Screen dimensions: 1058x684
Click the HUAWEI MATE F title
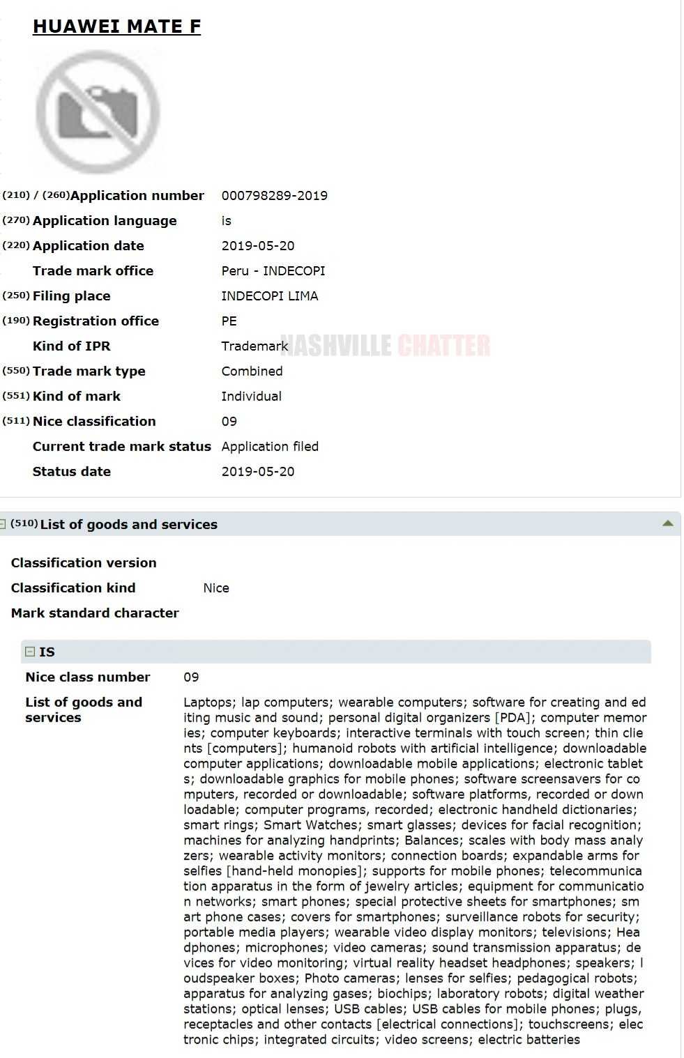coord(116,26)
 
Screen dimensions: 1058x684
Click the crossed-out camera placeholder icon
coord(98,112)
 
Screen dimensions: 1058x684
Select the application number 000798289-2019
coord(274,196)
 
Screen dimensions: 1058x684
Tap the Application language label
coord(105,221)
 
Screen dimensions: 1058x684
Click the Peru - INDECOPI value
coord(273,271)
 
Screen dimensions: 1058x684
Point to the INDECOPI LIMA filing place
coord(269,296)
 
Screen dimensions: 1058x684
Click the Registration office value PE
coord(229,321)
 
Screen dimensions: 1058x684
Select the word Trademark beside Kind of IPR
coord(254,346)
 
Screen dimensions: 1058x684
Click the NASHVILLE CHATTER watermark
coord(386,346)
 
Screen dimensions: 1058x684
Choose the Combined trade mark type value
coord(252,371)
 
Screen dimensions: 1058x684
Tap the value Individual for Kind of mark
coord(251,397)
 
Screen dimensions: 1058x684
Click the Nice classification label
coord(94,422)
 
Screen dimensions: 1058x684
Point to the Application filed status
coord(270,447)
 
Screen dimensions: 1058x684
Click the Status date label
coord(71,472)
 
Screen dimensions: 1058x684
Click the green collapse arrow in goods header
coord(667,523)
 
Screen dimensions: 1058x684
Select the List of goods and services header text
coord(128,525)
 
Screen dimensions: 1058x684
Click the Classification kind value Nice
coord(216,588)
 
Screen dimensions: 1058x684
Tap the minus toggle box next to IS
coord(30,652)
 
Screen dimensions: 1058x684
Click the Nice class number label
coord(87,677)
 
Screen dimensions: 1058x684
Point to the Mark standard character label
coord(95,613)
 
